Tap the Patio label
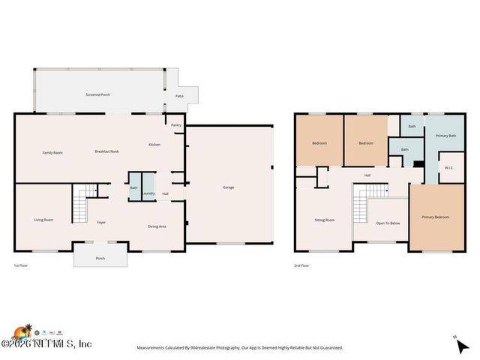pos(180,96)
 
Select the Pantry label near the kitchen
pos(176,125)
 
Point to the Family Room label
pos(52,152)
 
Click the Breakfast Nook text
pos(106,152)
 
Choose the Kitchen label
pos(154,144)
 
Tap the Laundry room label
pos(148,193)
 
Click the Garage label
pos(229,187)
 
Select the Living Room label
pos(43,220)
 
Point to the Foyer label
pos(101,223)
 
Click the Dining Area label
pos(157,226)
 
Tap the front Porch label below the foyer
pos(100,259)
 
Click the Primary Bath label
pos(445,136)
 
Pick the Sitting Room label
pos(324,220)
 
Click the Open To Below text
pos(388,223)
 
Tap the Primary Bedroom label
pos(435,217)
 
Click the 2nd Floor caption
pos(301,265)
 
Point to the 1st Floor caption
pos(20,265)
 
